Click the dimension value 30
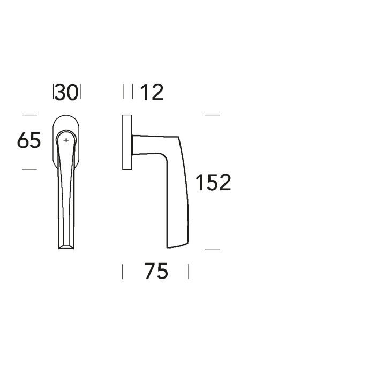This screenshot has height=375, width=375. [66, 93]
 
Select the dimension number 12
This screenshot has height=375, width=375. [151, 93]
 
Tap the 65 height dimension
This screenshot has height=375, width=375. [29, 142]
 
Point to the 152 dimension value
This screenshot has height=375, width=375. [213, 183]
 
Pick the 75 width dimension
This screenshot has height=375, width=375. [156, 272]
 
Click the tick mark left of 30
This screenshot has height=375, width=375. [54, 92]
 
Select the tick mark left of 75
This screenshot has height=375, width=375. [123, 272]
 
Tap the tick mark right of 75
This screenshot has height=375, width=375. [189, 272]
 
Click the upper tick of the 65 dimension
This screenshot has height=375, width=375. [29, 115]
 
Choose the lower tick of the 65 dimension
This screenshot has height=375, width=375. [29, 169]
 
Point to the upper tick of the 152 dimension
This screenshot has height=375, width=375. [213, 115]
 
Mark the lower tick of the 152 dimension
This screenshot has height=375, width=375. [213, 249]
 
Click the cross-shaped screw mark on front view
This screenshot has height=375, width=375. [66, 140]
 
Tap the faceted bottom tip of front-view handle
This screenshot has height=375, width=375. [66, 245]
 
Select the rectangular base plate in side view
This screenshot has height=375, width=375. [127, 142]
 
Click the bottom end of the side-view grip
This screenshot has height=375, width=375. [178, 245]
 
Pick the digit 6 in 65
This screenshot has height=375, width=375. [23, 142]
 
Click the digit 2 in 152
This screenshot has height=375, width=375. [224, 183]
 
